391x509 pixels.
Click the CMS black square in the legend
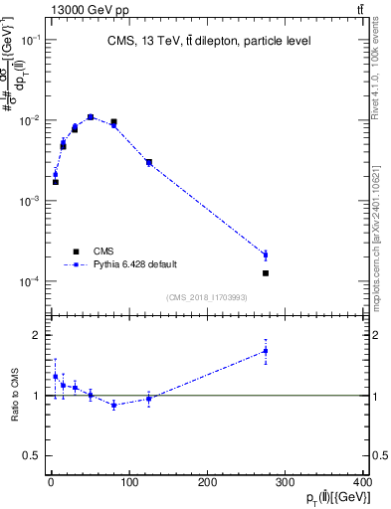pos(75,251)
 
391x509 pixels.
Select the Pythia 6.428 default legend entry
pos(134,264)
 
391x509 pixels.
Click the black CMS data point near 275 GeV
pos(266,273)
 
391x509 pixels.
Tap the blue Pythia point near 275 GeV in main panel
pos(266,255)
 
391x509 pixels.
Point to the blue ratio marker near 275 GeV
pos(266,351)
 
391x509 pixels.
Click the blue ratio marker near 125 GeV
pos(148,399)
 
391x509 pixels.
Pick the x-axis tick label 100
pos(128,482)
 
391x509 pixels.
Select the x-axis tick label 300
pos(286,482)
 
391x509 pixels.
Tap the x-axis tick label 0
pos(51,482)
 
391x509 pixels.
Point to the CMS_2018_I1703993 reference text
pos(208,297)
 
